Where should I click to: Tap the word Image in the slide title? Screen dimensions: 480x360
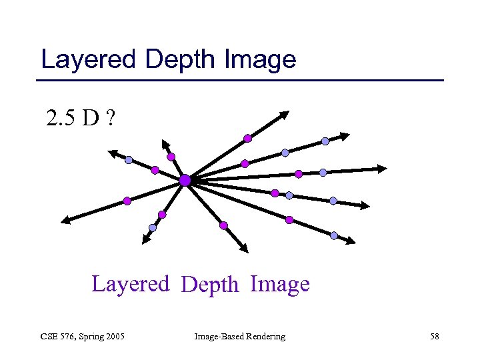pyautogui.click(x=261, y=60)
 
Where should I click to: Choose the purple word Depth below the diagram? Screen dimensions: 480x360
pyautogui.click(x=209, y=285)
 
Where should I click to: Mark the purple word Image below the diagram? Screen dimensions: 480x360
pyautogui.click(x=280, y=284)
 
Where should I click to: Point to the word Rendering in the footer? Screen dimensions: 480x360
pyautogui.click(x=265, y=337)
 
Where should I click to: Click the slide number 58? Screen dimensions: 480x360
pyautogui.click(x=434, y=337)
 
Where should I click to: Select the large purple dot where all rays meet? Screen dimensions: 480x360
pyautogui.click(x=185, y=180)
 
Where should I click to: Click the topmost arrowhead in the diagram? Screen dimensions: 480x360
pyautogui.click(x=285, y=115)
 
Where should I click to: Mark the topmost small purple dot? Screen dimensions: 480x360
pyautogui.click(x=247, y=139)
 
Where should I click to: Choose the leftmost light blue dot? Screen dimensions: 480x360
pyautogui.click(x=129, y=160)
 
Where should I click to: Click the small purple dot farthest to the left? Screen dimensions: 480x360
pyautogui.click(x=127, y=200)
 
